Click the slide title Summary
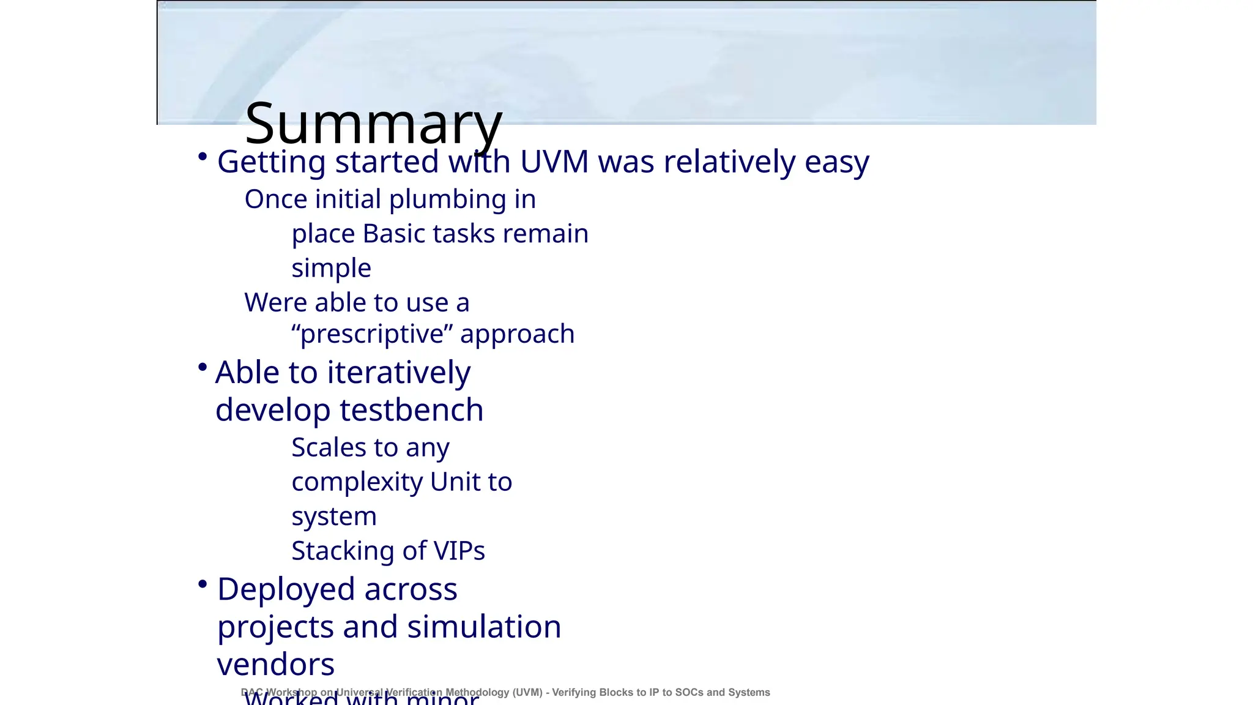coord(373,124)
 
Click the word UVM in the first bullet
coord(554,162)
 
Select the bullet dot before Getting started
coord(203,157)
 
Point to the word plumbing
coord(447,200)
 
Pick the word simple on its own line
coord(331,269)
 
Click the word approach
coord(517,335)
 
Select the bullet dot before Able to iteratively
coord(203,367)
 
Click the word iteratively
coord(399,373)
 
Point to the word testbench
coord(411,410)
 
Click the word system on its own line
coord(333,517)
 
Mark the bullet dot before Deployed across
coord(203,584)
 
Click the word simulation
coord(484,627)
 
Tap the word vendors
coord(276,665)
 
